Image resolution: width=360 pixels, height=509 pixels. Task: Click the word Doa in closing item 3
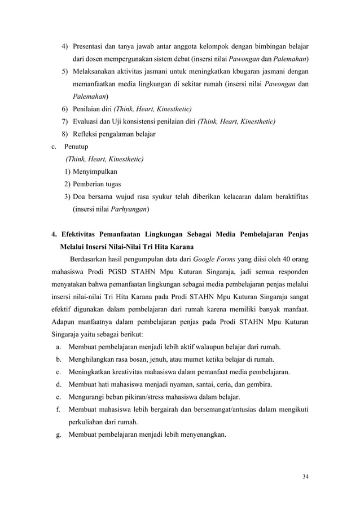coord(79,196)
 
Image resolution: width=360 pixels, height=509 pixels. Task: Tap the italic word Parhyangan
coord(129,210)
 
